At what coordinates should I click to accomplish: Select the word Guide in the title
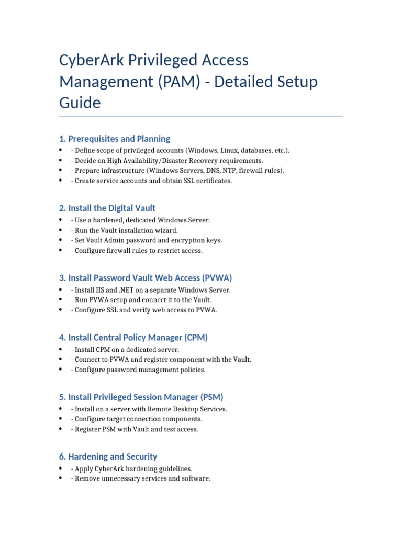(x=80, y=103)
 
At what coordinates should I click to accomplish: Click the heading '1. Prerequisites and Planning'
(x=114, y=139)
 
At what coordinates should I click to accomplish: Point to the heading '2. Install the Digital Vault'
(x=107, y=208)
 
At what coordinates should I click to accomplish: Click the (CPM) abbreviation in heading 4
(x=195, y=338)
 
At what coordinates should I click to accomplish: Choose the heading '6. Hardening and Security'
(x=108, y=457)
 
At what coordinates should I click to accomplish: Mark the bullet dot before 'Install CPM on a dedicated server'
(x=61, y=350)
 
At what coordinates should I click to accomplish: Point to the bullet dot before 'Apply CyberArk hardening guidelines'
(x=61, y=469)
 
